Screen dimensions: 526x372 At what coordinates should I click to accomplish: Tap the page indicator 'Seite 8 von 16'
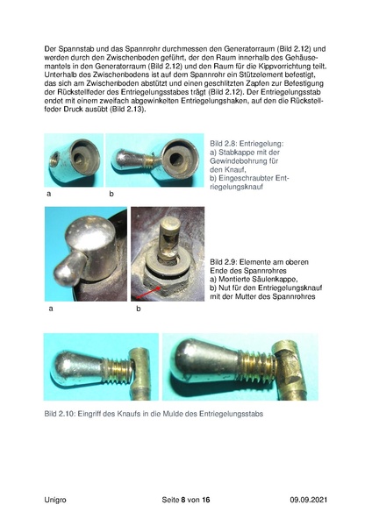coord(185,499)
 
